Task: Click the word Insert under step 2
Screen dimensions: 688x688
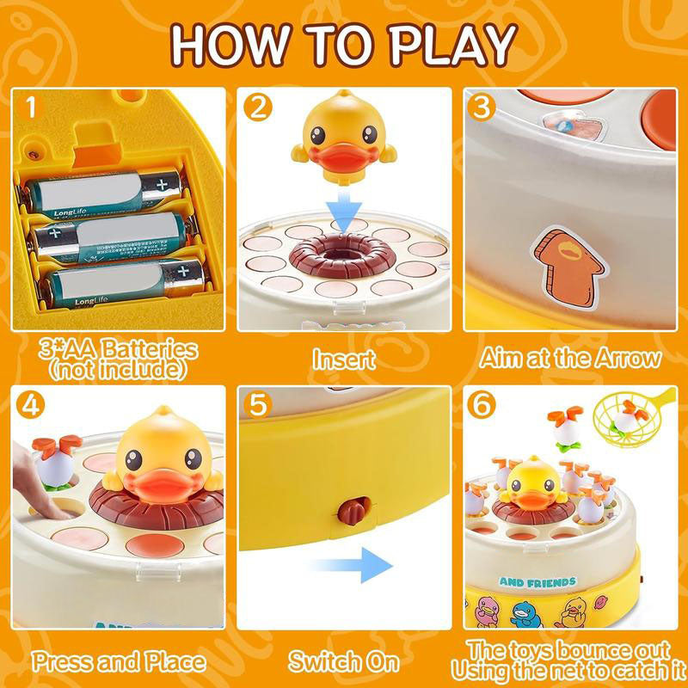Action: tap(344, 358)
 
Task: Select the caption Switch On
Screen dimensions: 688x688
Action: tap(344, 662)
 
